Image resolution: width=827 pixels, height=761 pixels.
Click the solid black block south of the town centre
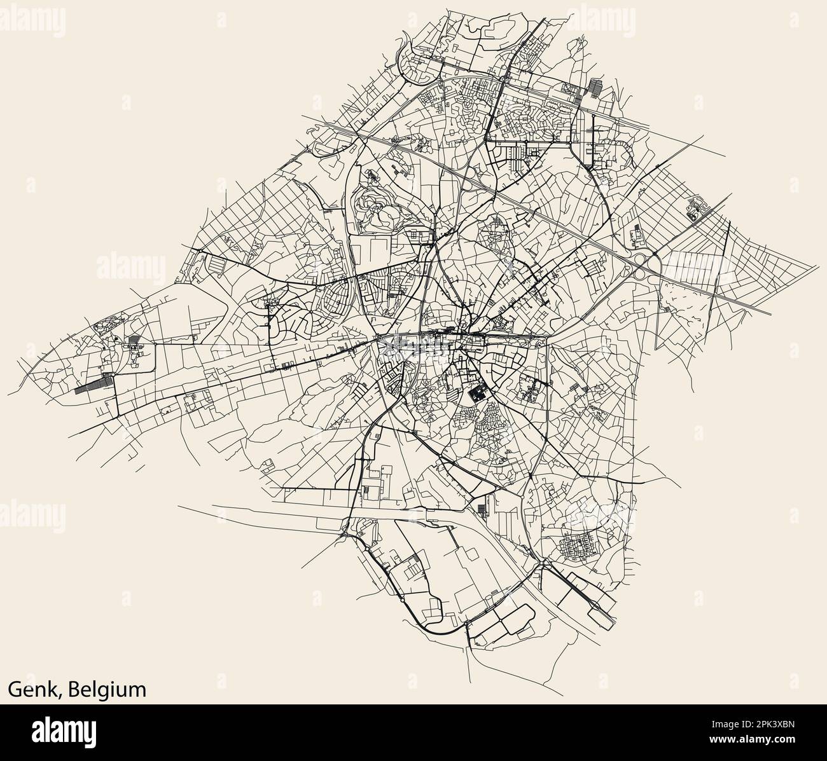477,394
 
